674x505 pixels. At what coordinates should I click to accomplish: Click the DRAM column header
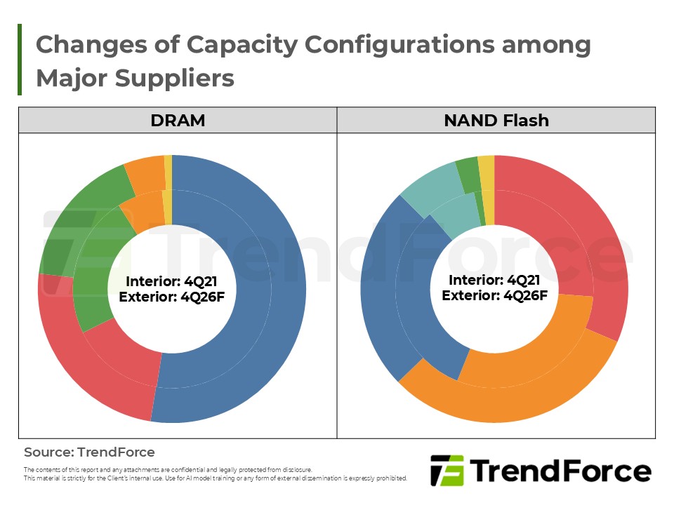click(178, 120)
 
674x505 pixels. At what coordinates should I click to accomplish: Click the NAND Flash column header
click(496, 120)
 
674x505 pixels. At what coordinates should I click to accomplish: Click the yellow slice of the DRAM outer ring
click(168, 163)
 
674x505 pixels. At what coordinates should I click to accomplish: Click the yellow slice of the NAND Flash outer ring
click(486, 163)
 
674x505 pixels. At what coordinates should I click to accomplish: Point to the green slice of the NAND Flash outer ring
click(466, 167)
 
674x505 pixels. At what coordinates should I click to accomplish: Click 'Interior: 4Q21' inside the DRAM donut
click(171, 281)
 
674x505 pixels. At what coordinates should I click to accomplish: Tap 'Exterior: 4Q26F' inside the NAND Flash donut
click(494, 295)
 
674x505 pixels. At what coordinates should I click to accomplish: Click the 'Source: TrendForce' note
click(89, 452)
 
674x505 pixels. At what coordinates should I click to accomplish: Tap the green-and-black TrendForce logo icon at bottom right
click(447, 471)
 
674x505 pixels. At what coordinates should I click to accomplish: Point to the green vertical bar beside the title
click(20, 60)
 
